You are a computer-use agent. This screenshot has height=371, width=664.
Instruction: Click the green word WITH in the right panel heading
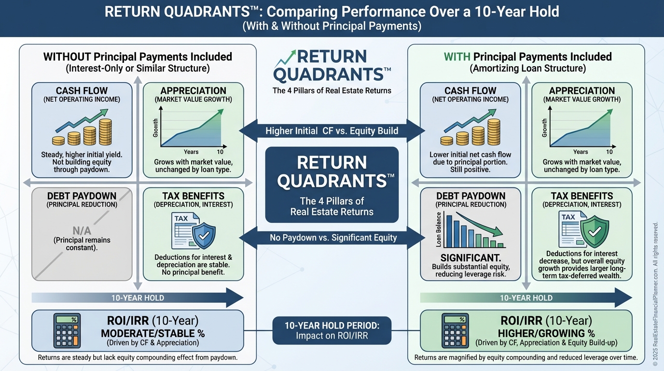coord(457,57)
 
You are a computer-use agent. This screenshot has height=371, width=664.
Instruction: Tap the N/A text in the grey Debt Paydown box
coord(82,230)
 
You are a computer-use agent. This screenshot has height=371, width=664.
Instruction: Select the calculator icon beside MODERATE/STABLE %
coord(67,330)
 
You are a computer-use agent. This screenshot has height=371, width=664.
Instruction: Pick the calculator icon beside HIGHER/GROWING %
coord(456,330)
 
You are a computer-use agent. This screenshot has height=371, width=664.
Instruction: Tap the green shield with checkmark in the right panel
coord(595,231)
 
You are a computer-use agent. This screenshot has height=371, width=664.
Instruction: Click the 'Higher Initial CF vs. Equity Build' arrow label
coord(332,131)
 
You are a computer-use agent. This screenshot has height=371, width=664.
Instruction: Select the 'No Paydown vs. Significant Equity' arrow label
coord(333,238)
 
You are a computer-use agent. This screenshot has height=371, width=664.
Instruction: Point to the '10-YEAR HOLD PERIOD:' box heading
coord(332,326)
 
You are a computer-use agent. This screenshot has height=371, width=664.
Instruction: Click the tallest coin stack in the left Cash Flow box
coord(105,132)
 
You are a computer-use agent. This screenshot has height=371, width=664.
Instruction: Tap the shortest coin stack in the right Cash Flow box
coord(447,141)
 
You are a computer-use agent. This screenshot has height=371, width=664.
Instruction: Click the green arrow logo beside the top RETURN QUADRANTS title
coord(285,58)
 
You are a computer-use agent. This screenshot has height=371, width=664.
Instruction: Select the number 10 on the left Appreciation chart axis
coord(220,152)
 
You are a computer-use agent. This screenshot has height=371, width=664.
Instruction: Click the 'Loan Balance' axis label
coord(439,229)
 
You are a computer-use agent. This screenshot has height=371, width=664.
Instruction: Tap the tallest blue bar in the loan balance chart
coord(449,231)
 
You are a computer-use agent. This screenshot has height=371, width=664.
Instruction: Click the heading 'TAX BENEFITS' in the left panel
coord(194,196)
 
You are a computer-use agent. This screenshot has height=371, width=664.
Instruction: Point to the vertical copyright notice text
coord(655,294)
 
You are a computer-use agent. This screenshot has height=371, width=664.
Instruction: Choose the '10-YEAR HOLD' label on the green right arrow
coord(526,298)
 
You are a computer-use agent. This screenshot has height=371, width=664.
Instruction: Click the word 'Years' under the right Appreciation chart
coord(581,152)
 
